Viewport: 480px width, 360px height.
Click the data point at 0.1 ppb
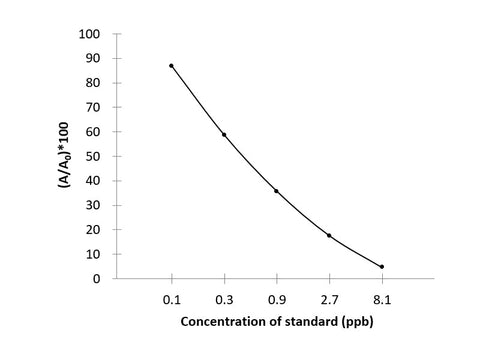pyautogui.click(x=171, y=66)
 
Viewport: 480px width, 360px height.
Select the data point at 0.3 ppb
pyautogui.click(x=224, y=135)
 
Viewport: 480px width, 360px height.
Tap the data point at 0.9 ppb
pyautogui.click(x=276, y=191)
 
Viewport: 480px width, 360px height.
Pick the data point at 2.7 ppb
pyautogui.click(x=329, y=235)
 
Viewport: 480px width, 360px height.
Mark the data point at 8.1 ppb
pyautogui.click(x=381, y=267)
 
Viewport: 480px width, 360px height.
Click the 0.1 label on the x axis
pyautogui.click(x=171, y=298)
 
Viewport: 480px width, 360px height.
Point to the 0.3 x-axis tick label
pyautogui.click(x=224, y=298)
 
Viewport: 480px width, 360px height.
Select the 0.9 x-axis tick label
pyautogui.click(x=276, y=298)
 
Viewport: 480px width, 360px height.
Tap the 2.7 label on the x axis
pyautogui.click(x=329, y=298)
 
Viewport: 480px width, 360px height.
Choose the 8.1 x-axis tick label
pyautogui.click(x=381, y=298)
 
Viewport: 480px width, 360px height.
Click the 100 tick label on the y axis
pyautogui.click(x=89, y=34)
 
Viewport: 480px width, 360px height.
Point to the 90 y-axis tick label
pyautogui.click(x=92, y=58)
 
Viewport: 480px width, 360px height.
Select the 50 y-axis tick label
pyautogui.click(x=92, y=156)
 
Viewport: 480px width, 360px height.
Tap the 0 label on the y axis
pyautogui.click(x=96, y=279)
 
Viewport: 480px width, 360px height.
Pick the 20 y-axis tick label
pyautogui.click(x=92, y=230)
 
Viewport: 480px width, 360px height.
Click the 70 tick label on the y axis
pyautogui.click(x=92, y=107)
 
